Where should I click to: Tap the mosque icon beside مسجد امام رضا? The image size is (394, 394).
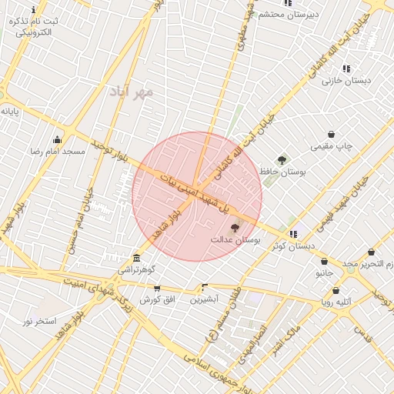(x=57, y=139)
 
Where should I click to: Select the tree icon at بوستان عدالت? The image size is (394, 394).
(x=235, y=228)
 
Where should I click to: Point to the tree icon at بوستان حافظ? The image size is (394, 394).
(x=282, y=160)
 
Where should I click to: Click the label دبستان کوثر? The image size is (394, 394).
(x=293, y=246)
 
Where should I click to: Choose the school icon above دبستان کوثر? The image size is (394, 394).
(x=293, y=234)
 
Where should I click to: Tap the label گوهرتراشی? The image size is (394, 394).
(x=137, y=271)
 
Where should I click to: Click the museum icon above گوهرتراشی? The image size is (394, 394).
(x=137, y=258)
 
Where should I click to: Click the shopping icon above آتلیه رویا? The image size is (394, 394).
(x=336, y=290)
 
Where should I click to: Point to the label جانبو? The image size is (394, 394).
(x=324, y=273)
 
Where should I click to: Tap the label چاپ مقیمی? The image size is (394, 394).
(x=331, y=146)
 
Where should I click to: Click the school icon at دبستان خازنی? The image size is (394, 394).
(x=346, y=68)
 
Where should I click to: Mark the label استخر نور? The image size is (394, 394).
(x=39, y=320)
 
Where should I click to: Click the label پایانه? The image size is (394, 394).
(x=9, y=112)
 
